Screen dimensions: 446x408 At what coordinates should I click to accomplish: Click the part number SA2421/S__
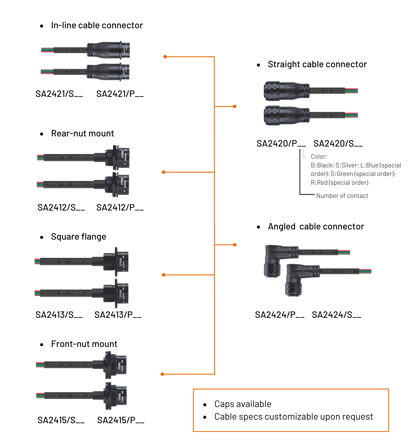click(x=59, y=94)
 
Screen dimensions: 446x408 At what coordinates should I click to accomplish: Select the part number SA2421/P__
click(x=120, y=94)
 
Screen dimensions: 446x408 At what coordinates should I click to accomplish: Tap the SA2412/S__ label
click(x=61, y=208)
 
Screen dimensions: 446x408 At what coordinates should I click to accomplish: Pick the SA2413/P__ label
click(x=118, y=315)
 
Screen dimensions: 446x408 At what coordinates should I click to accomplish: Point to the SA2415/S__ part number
click(x=61, y=420)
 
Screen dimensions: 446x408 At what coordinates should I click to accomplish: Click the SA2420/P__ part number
click(x=281, y=144)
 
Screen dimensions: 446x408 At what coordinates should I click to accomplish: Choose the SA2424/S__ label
click(x=336, y=315)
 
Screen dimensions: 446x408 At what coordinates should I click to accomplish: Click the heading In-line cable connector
click(x=97, y=26)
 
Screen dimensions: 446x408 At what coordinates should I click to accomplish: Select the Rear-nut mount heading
click(x=83, y=134)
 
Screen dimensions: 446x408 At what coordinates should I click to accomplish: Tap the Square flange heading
click(x=78, y=237)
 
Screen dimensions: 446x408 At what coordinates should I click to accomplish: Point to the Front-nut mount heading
click(x=84, y=344)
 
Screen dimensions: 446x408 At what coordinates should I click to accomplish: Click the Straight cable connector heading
click(x=317, y=64)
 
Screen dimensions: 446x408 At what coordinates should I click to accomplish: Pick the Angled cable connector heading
click(x=316, y=227)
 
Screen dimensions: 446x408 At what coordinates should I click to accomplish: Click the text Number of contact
click(x=342, y=196)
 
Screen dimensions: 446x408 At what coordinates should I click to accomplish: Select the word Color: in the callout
click(x=319, y=157)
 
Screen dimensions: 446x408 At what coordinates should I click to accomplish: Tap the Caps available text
click(x=243, y=404)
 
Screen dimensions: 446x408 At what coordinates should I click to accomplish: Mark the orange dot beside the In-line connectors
click(x=165, y=57)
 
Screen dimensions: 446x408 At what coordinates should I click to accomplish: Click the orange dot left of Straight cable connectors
click(x=234, y=106)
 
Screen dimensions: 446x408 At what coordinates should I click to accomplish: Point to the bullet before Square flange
click(x=42, y=237)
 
